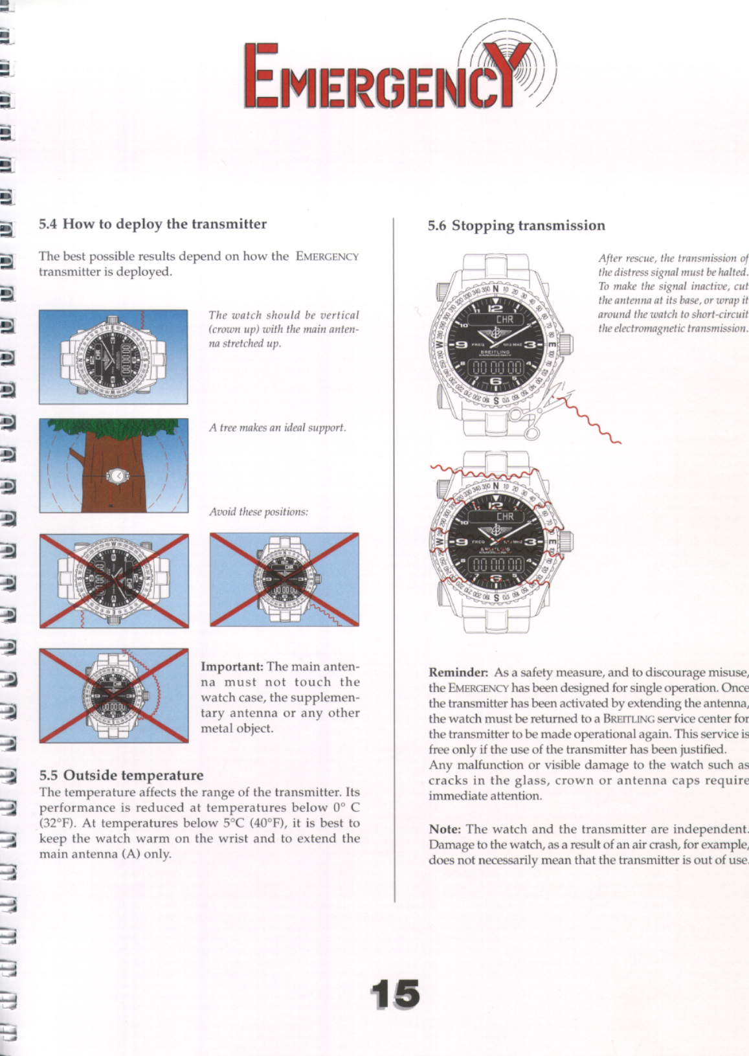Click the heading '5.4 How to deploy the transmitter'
pos(153,224)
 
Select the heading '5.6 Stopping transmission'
pos(516,225)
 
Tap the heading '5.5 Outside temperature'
pos(121,775)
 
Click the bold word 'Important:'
pos(232,666)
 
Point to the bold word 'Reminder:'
pos(458,672)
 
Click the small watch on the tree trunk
pos(118,475)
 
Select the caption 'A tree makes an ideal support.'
pos(277,428)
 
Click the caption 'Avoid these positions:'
pos(258,511)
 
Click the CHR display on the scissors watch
pos(504,319)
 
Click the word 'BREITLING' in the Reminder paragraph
pos(629,719)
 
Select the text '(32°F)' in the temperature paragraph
pos(57,823)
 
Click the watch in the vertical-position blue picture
pos(113,357)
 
